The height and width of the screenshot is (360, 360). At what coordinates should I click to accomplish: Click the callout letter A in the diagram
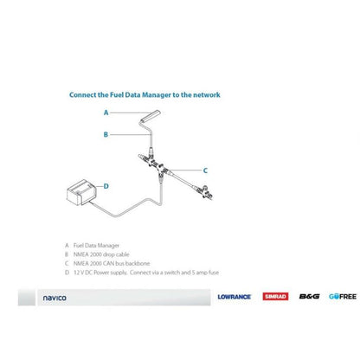pos(106,112)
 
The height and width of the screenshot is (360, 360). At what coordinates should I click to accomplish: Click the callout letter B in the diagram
pos(106,134)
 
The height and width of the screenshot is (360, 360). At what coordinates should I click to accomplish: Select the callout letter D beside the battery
pos(106,185)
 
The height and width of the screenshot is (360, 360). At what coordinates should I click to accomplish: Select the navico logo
pos(55,297)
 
